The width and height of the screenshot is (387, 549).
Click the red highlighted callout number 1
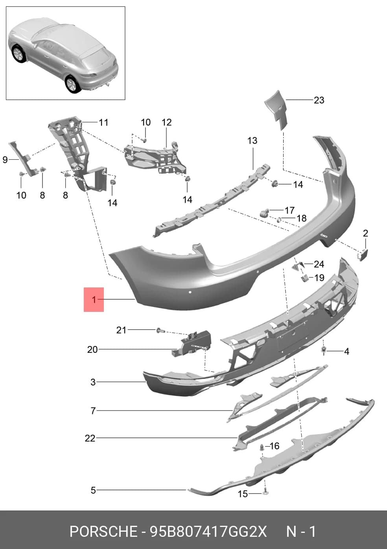click(94, 300)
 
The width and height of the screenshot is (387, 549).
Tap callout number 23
click(319, 100)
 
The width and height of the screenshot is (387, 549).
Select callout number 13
click(252, 141)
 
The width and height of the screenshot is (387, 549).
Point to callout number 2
click(365, 233)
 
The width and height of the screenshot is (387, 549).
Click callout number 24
click(319, 264)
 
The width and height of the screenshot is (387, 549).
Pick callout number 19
click(319, 278)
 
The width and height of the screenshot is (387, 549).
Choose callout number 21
click(121, 330)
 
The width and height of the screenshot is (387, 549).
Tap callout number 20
click(92, 350)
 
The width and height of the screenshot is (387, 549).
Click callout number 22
click(90, 438)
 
